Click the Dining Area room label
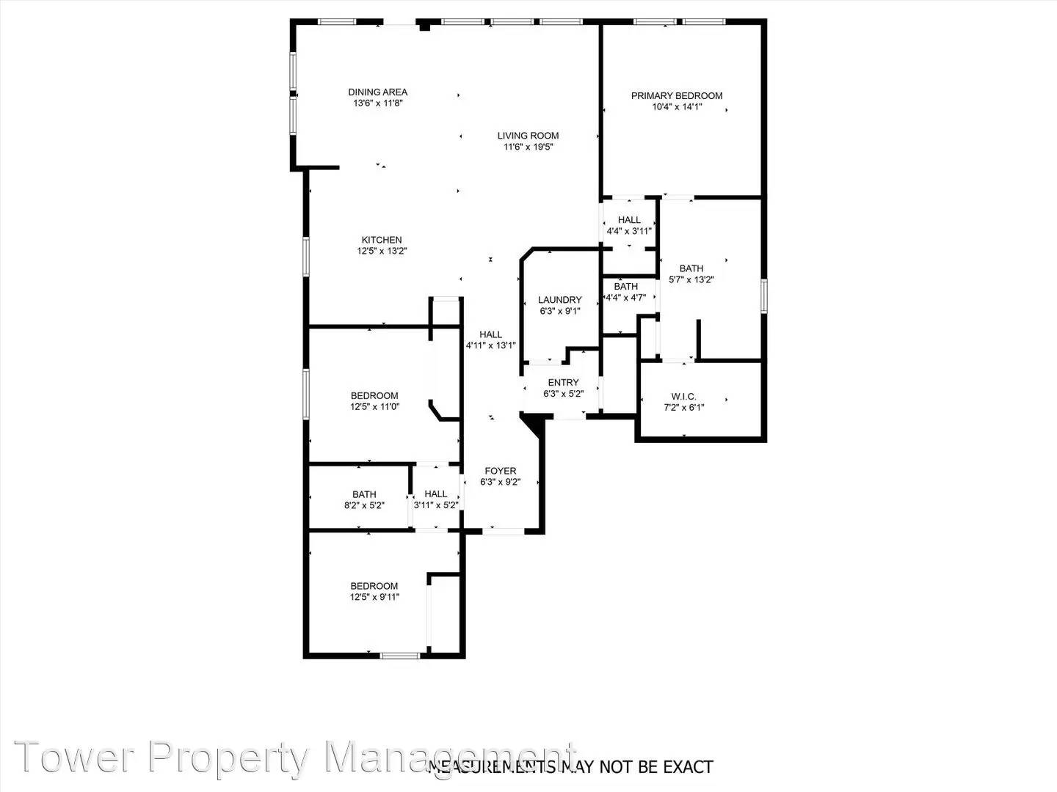click(377, 92)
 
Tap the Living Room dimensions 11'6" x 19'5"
click(528, 147)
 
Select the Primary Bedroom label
click(677, 95)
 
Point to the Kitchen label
click(382, 240)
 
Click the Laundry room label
click(559, 300)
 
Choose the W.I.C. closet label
click(683, 397)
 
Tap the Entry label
click(563, 382)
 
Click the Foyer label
click(500, 471)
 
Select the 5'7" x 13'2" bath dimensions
click(691, 279)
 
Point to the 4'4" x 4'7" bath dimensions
click(625, 298)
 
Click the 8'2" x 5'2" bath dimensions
click(364, 505)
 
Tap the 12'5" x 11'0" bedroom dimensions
click(374, 407)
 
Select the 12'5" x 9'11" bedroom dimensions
click(374, 597)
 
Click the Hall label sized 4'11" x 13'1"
click(491, 334)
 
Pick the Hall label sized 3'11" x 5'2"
click(435, 494)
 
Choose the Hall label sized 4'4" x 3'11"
click(629, 219)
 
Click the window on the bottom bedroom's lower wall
click(401, 655)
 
